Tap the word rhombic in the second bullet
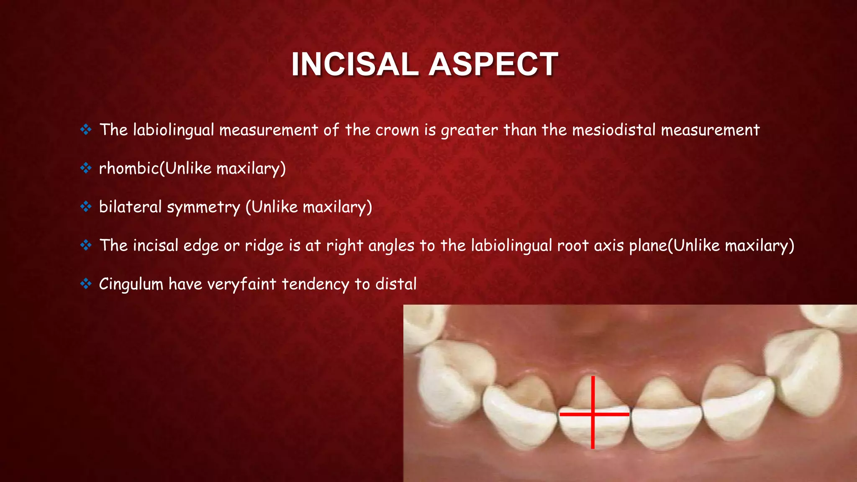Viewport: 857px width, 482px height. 129,168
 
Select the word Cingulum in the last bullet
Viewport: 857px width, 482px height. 131,284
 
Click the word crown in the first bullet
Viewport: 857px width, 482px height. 397,130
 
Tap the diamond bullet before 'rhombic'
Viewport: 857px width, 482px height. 86,168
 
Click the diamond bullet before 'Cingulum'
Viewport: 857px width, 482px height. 86,284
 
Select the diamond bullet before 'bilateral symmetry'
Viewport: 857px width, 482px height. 86,207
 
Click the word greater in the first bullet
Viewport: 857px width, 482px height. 469,131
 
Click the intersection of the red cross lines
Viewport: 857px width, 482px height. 593,414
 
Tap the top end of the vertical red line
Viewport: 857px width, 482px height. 593,377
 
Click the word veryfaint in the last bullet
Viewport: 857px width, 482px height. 241,284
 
